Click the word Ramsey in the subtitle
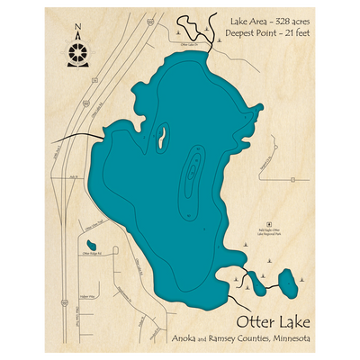[224, 338]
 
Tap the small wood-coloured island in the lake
[162, 137]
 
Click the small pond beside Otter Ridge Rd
[91, 244]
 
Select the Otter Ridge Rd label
[94, 256]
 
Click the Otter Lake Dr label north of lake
[189, 42]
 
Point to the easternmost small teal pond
[287, 283]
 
